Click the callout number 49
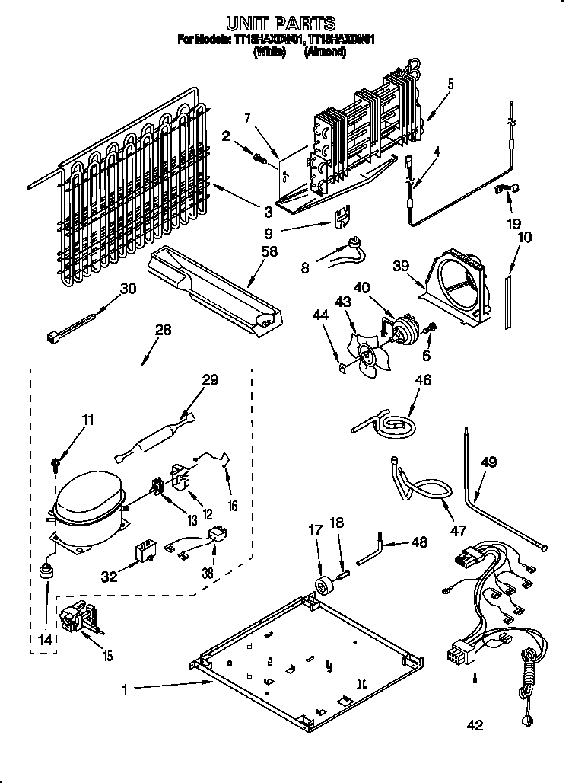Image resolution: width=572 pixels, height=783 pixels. [489, 462]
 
